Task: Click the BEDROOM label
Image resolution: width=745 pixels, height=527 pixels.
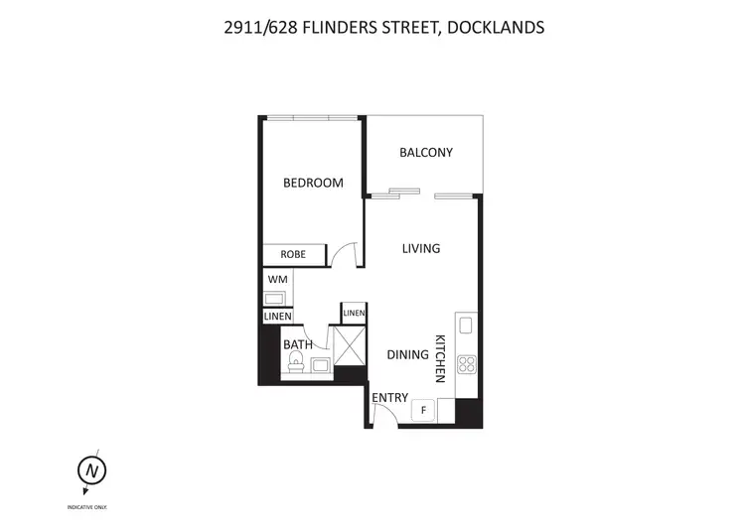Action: pyautogui.click(x=313, y=183)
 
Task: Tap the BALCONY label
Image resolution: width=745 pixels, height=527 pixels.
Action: pyautogui.click(x=426, y=153)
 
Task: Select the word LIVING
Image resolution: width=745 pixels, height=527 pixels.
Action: pyautogui.click(x=420, y=248)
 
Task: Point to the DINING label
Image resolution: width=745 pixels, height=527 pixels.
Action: pyautogui.click(x=407, y=354)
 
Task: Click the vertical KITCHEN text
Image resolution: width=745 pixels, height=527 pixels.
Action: pyautogui.click(x=440, y=358)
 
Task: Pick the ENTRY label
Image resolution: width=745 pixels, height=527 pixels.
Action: pyautogui.click(x=390, y=398)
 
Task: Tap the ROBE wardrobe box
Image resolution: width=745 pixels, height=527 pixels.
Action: pyautogui.click(x=293, y=255)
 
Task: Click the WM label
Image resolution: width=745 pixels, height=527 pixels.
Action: pyautogui.click(x=277, y=279)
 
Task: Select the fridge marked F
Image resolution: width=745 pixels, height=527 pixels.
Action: pyautogui.click(x=423, y=409)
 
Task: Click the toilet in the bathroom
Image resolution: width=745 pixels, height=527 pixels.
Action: pyautogui.click(x=295, y=369)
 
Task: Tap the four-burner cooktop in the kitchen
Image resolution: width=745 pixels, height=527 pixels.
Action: pyautogui.click(x=467, y=364)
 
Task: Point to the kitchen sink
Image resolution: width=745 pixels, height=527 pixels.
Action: pyautogui.click(x=466, y=326)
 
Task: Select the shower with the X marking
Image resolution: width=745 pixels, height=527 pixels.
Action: pyautogui.click(x=351, y=346)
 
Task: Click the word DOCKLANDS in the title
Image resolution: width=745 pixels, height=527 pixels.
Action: pyautogui.click(x=495, y=28)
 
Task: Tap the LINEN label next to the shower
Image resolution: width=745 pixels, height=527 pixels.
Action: pyautogui.click(x=354, y=314)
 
